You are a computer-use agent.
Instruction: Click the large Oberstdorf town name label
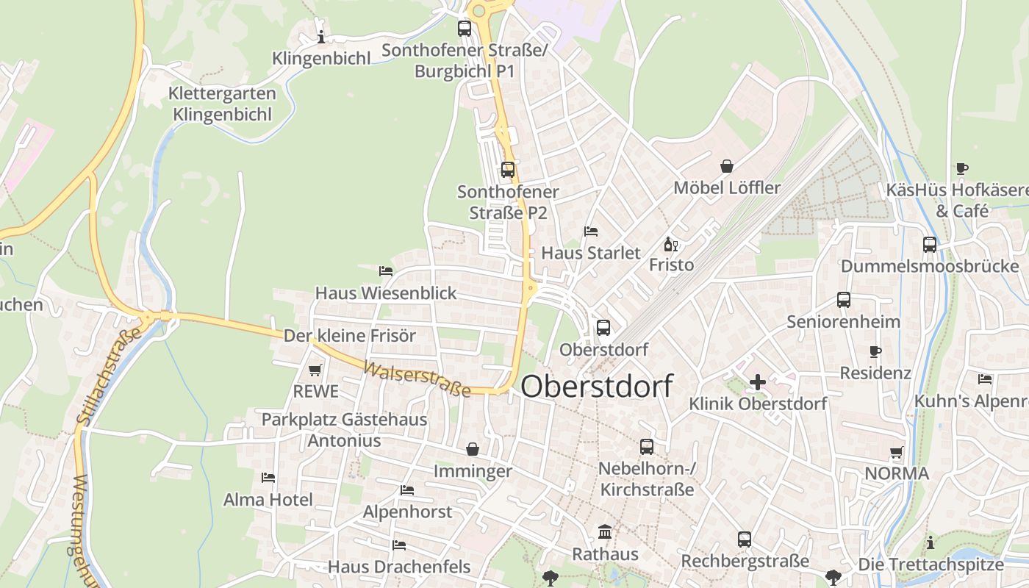[x=597, y=387]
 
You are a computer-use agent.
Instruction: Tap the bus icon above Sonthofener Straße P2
[x=507, y=170]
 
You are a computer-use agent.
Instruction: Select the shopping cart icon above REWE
[x=315, y=370]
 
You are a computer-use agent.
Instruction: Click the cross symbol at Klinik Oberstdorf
[x=758, y=382]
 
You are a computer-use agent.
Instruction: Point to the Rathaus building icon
[x=605, y=531]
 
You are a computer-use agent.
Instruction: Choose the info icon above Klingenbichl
[x=320, y=37]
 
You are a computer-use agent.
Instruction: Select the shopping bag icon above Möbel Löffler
[x=727, y=166]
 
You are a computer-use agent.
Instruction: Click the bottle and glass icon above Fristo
[x=670, y=244]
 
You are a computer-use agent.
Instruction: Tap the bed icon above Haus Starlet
[x=591, y=232]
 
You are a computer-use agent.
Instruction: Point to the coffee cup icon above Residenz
[x=875, y=351]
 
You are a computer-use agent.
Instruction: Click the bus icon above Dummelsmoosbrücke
[x=930, y=245]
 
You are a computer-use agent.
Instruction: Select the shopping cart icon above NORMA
[x=896, y=452]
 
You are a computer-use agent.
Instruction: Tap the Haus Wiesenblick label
[x=386, y=293]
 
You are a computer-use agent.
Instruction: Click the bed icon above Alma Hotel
[x=268, y=478]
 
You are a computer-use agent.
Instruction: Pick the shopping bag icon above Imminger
[x=472, y=448]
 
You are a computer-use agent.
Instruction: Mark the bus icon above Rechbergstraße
[x=745, y=539]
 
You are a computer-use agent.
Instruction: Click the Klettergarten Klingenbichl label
[x=222, y=104]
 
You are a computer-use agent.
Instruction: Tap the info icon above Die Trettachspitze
[x=931, y=542]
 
